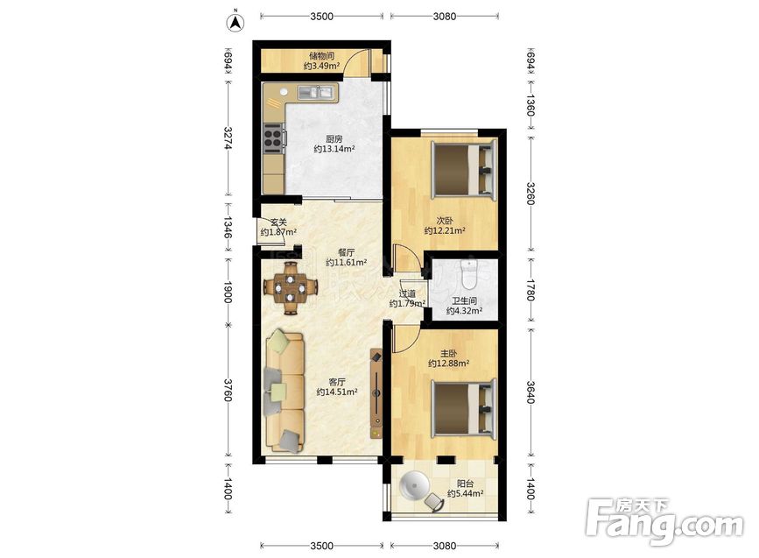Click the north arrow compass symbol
pos(236,22)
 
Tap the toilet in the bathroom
pos(469,274)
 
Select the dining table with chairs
pos(291,288)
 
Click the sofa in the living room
pos(285,391)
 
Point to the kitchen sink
pos(317,92)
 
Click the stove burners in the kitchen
pos(273,135)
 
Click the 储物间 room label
pos(322,56)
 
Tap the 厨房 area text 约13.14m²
pos(334,149)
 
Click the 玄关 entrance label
pos(278,222)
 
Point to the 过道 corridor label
pos(407,294)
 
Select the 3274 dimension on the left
pos(228,138)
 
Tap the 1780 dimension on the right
pos(530,290)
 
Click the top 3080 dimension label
pos(445,17)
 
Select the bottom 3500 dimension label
pos(321,546)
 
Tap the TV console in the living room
pos(376,393)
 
